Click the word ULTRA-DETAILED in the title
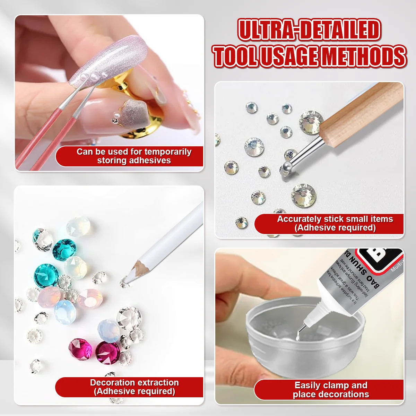pos(309,30)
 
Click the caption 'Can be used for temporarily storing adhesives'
pos(134,156)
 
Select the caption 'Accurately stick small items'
pos(335,219)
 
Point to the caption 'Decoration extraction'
pos(134,383)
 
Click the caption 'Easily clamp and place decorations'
pos(331,390)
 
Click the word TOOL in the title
pos(235,56)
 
